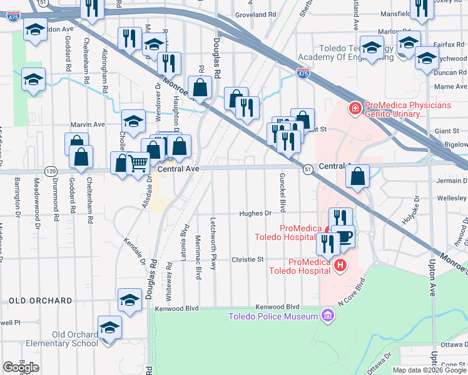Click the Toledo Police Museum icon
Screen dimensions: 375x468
[x=326, y=316]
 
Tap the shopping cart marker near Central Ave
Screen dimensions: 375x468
[x=138, y=164]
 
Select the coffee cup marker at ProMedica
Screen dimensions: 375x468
[x=343, y=236]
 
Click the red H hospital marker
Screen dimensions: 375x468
[x=340, y=266]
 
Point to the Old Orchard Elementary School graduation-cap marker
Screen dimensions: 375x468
[x=109, y=327]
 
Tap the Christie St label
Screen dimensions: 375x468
[x=248, y=259]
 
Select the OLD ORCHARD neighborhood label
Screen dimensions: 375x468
[x=41, y=301]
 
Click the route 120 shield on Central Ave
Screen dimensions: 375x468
[x=52, y=171]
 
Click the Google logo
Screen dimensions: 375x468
[x=21, y=367]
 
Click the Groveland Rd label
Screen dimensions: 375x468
[x=255, y=14]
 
